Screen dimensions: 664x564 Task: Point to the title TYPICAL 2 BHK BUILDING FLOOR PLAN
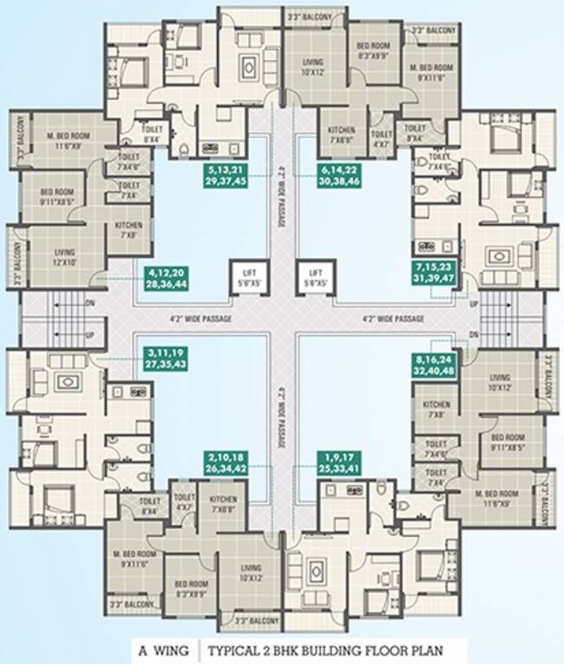click(332, 649)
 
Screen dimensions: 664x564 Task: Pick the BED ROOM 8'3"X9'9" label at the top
click(375, 55)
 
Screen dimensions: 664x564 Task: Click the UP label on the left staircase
click(89, 333)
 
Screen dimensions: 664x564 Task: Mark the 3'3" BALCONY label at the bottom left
click(131, 603)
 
